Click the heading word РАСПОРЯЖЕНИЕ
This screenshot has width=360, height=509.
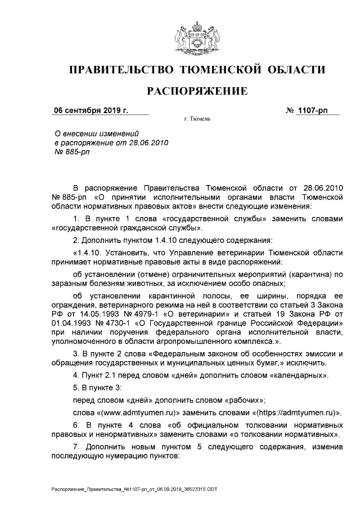pyautogui.click(x=197, y=91)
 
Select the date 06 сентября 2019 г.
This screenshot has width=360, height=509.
pyautogui.click(x=91, y=110)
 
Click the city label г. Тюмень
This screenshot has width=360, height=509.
pyautogui.click(x=197, y=120)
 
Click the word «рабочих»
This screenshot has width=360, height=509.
pyautogui.click(x=240, y=399)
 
